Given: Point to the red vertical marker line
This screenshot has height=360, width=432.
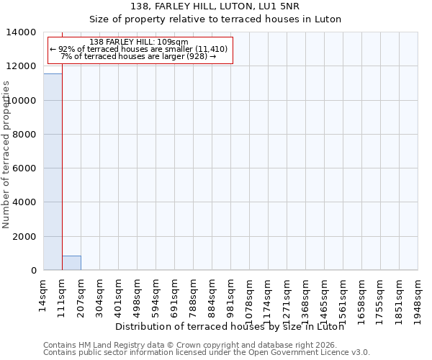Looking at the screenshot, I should (x=62, y=158).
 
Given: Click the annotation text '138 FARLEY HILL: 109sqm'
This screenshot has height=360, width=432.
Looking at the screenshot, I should (x=140, y=42).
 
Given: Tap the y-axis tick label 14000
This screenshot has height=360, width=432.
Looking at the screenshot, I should (x=22, y=32).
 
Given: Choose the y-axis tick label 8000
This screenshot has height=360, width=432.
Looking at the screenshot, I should (x=24, y=135).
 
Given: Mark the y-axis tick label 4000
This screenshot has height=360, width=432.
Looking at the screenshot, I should (x=24, y=202).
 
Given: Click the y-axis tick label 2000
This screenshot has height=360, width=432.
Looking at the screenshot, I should (x=24, y=236).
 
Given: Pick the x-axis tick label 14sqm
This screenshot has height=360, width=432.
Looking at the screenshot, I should (x=43, y=294).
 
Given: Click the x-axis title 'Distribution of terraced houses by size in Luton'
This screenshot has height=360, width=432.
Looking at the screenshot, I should (x=230, y=326).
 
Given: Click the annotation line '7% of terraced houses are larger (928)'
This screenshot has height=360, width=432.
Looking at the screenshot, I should (x=138, y=55).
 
